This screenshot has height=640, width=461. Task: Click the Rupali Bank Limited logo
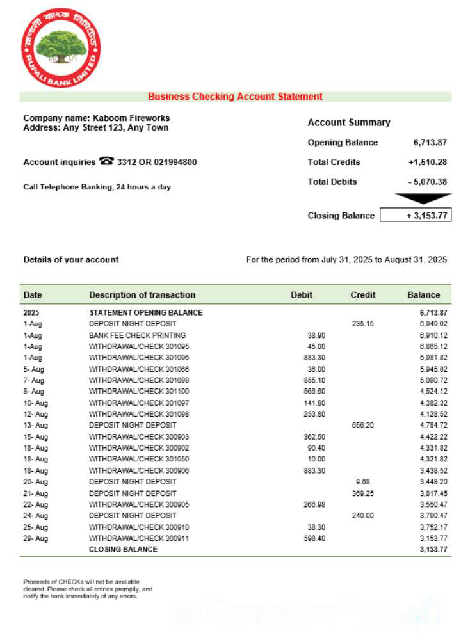(x=61, y=47)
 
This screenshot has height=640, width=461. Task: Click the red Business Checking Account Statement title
(x=235, y=97)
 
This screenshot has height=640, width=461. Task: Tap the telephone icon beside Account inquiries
(x=106, y=162)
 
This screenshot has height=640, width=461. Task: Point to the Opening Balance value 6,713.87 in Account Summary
(x=430, y=142)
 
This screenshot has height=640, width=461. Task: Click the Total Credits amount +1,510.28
(x=427, y=162)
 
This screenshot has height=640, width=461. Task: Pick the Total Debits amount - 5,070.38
(x=427, y=182)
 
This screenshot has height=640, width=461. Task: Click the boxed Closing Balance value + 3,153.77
(x=416, y=216)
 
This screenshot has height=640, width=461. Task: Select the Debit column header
(x=302, y=295)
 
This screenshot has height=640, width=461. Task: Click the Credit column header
(x=363, y=295)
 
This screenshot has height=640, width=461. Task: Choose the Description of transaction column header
(x=142, y=295)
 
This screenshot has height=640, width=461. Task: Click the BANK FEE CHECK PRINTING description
(x=137, y=335)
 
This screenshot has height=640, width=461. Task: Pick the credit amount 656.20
(x=362, y=425)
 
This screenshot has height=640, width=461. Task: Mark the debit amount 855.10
(x=314, y=380)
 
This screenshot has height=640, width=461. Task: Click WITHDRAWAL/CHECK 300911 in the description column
(x=139, y=538)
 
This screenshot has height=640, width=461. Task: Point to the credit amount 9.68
(x=362, y=481)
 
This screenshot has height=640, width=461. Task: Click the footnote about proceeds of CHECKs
(x=88, y=589)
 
